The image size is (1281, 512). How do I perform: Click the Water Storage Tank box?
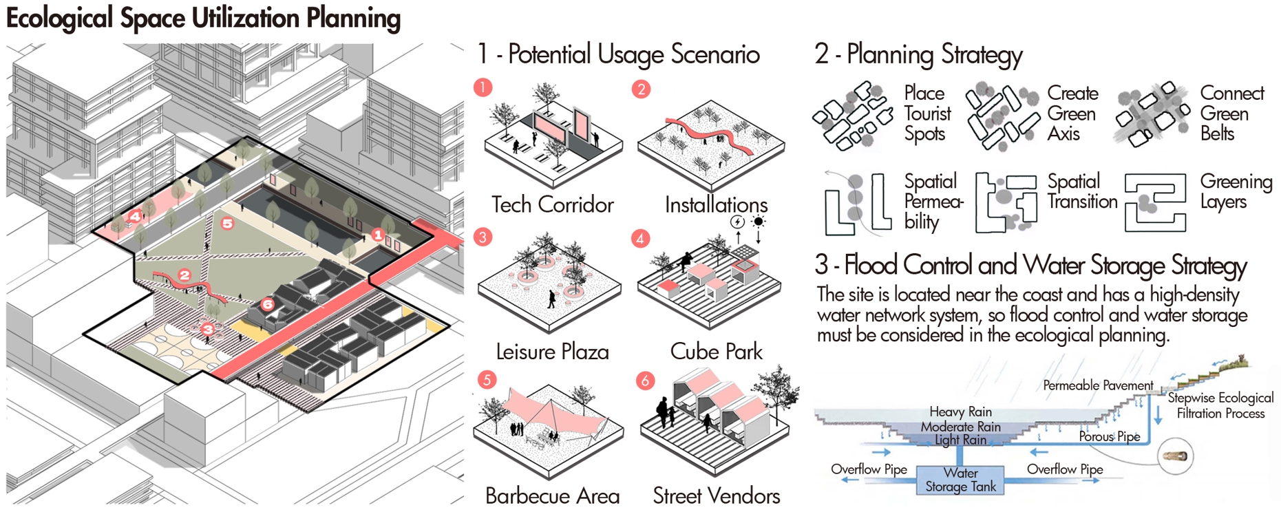[x=960, y=480]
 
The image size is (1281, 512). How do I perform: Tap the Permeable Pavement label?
[x=1098, y=385]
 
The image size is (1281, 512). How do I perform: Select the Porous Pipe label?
[x=1109, y=436]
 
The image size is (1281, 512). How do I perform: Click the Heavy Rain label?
[x=960, y=412]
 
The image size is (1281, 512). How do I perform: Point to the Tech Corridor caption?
[x=552, y=204]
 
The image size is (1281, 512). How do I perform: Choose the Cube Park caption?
[x=716, y=352]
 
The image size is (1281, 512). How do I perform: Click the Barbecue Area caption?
[x=552, y=496]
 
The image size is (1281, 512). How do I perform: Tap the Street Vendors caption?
[x=716, y=496]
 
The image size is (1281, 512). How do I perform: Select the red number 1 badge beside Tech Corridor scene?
[x=483, y=87]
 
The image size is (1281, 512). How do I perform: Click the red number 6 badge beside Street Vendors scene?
[x=645, y=381]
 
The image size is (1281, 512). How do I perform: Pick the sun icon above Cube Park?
[x=759, y=222]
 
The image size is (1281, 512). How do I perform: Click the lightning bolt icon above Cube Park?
[x=737, y=222]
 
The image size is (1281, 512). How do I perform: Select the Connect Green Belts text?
[x=1231, y=113]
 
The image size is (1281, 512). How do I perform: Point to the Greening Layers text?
[x=1236, y=191]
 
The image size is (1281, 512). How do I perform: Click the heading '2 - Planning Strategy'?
[x=918, y=54]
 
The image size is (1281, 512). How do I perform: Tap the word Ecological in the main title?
[x=59, y=19]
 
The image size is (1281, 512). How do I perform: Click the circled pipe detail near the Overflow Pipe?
[x=1175, y=456]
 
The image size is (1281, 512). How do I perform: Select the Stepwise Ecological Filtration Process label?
[x=1220, y=405]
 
